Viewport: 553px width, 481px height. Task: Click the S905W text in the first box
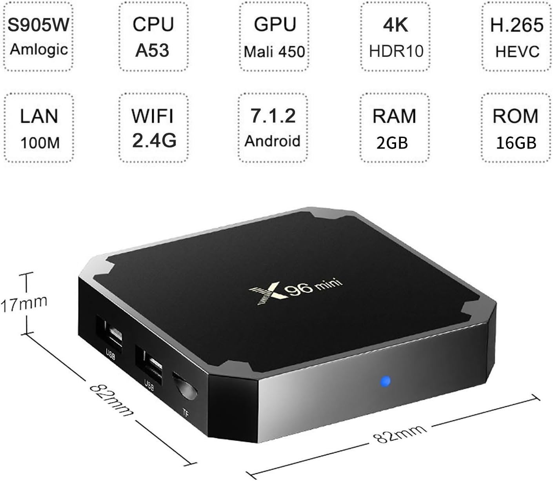click(x=38, y=25)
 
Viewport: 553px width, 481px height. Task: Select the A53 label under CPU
click(x=152, y=51)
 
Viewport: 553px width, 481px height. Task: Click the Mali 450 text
click(x=274, y=52)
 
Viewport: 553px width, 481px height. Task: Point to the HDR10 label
click(x=396, y=51)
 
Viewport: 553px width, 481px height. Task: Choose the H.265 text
click(x=517, y=25)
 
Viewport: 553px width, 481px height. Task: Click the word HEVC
click(x=517, y=51)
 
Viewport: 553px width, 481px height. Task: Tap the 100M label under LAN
click(x=40, y=143)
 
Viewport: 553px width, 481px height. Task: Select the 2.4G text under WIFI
click(x=155, y=140)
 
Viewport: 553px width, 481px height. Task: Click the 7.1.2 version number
click(x=273, y=116)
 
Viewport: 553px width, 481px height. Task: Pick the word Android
click(x=273, y=141)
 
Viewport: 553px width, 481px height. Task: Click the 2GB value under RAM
click(x=392, y=143)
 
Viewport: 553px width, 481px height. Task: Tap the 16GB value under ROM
click(x=516, y=143)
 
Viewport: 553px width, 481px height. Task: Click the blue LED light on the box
click(x=385, y=381)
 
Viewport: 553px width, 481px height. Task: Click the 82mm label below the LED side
click(x=400, y=434)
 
